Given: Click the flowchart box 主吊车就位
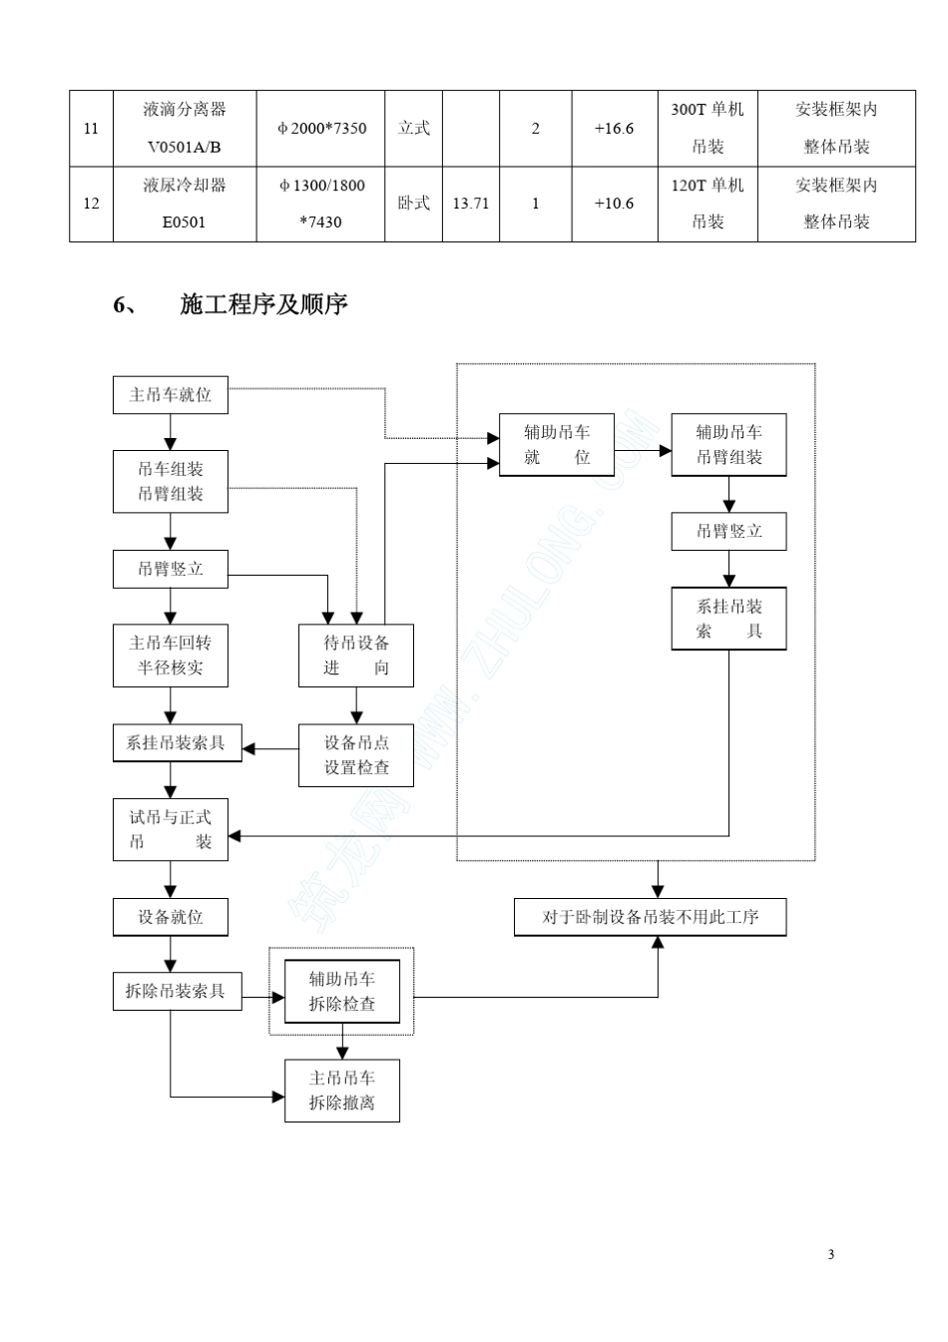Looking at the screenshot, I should pyautogui.click(x=170, y=395).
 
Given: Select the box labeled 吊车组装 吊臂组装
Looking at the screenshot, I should pyautogui.click(x=170, y=481).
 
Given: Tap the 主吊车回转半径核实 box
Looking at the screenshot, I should pyautogui.click(x=170, y=656).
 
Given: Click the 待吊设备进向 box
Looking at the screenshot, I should pyautogui.click(x=356, y=656).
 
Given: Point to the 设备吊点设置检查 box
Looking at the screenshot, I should pyautogui.click(x=356, y=755).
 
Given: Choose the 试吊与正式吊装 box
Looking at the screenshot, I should pyautogui.click(x=170, y=829).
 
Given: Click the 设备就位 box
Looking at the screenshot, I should pyautogui.click(x=170, y=916).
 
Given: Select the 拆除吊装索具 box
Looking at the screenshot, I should pyautogui.click(x=176, y=991).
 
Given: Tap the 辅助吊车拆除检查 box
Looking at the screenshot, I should pyautogui.click(x=342, y=992).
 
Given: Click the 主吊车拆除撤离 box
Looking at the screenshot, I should pyautogui.click(x=342, y=1091).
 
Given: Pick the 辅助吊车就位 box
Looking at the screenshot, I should pyautogui.click(x=557, y=445).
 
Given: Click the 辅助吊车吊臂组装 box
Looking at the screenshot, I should pyautogui.click(x=728, y=445).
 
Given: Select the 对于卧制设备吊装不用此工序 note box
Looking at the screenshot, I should pyautogui.click(x=650, y=917).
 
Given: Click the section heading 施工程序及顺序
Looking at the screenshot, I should pyautogui.click(x=263, y=304).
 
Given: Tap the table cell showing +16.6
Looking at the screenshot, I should pyautogui.click(x=614, y=128).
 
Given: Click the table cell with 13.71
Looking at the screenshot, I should pyautogui.click(x=470, y=204).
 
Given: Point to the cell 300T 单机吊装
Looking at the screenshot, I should pyautogui.click(x=707, y=128).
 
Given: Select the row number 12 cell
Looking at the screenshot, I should pyautogui.click(x=91, y=204).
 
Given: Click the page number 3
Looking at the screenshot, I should pyautogui.click(x=830, y=1254).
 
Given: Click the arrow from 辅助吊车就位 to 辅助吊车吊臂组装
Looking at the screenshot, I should pyautogui.click(x=643, y=451).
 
